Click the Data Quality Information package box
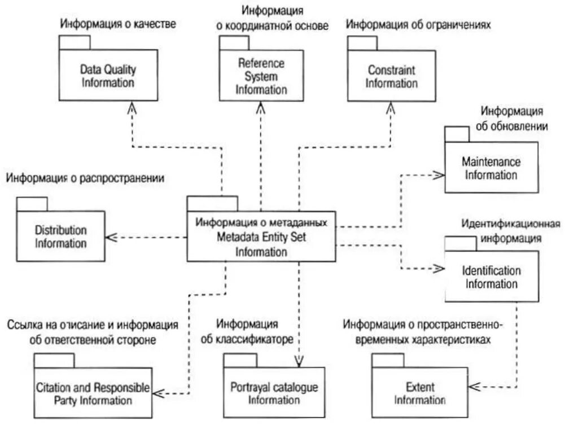(x=108, y=76)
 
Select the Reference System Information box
(x=261, y=76)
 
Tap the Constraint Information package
(x=391, y=77)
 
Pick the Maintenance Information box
(x=491, y=168)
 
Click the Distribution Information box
(x=61, y=237)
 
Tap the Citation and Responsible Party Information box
(x=93, y=394)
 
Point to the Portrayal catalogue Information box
(x=274, y=394)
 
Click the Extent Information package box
(x=419, y=394)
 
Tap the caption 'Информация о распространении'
(x=85, y=178)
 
